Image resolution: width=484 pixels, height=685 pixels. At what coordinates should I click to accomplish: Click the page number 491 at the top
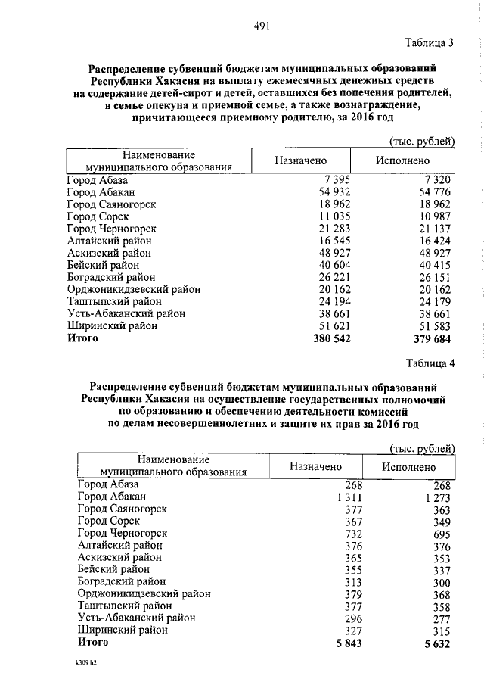pos(262,26)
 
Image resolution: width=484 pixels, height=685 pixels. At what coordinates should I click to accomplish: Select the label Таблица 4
pos(429,363)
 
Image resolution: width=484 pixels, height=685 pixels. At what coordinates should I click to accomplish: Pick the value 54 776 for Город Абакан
pos(432,192)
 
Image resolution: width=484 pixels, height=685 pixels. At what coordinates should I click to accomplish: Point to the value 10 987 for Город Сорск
pos(432,216)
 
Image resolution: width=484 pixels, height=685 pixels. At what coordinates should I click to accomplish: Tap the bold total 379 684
pos(430,338)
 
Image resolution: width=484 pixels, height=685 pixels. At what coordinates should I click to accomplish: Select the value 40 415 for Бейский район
pos(432,265)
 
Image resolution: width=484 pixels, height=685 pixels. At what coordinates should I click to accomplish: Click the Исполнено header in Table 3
pos(402,160)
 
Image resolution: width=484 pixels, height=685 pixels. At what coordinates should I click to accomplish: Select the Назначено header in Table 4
pos(315,467)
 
